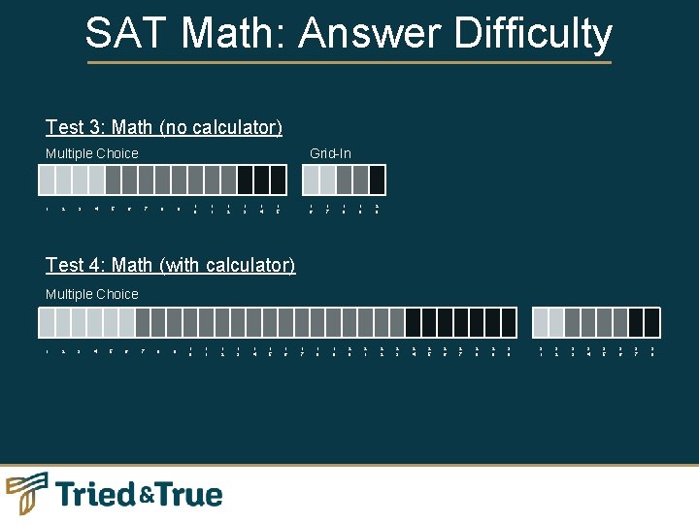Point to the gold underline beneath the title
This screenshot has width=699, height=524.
(349, 63)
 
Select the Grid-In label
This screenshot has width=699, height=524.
(330, 153)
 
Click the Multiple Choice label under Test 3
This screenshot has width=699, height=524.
(92, 153)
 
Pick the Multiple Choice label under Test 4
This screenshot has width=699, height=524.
(92, 294)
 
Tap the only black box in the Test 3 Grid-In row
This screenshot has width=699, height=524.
(377, 180)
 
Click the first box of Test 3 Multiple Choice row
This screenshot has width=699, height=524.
(47, 180)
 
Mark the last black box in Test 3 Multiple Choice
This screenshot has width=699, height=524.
(278, 180)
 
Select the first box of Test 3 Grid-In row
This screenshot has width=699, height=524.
(311, 180)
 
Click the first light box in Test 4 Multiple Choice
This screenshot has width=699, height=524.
(47, 322)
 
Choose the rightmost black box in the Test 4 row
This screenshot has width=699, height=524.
(651, 322)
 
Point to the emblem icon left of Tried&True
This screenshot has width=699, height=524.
(26, 493)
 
